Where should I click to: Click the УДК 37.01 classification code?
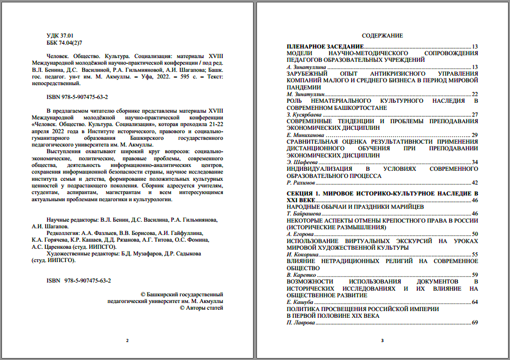click(60, 35)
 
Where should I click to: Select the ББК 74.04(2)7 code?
click(65, 42)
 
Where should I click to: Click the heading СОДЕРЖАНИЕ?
click(382, 35)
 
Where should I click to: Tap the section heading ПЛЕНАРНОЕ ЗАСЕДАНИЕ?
click(325, 46)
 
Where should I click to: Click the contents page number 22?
click(475, 94)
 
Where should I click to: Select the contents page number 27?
click(475, 115)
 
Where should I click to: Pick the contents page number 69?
click(475, 323)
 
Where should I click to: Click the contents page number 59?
click(475, 275)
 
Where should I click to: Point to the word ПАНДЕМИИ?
click(304, 87)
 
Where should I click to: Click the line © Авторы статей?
click(202, 308)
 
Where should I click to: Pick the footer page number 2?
click(127, 340)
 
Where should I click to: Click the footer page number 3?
click(382, 340)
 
